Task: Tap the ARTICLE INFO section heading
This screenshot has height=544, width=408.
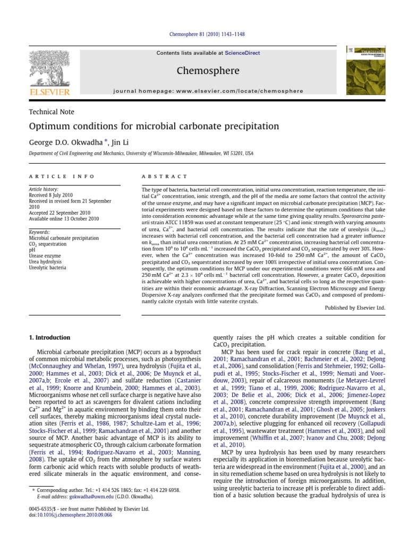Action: click(62, 176)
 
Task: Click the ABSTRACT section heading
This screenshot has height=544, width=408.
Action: click(164, 176)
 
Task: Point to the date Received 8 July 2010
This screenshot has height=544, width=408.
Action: click(51, 195)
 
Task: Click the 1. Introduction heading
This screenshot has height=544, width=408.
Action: click(49, 337)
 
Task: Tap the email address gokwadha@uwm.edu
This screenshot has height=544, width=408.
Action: click(69, 497)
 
